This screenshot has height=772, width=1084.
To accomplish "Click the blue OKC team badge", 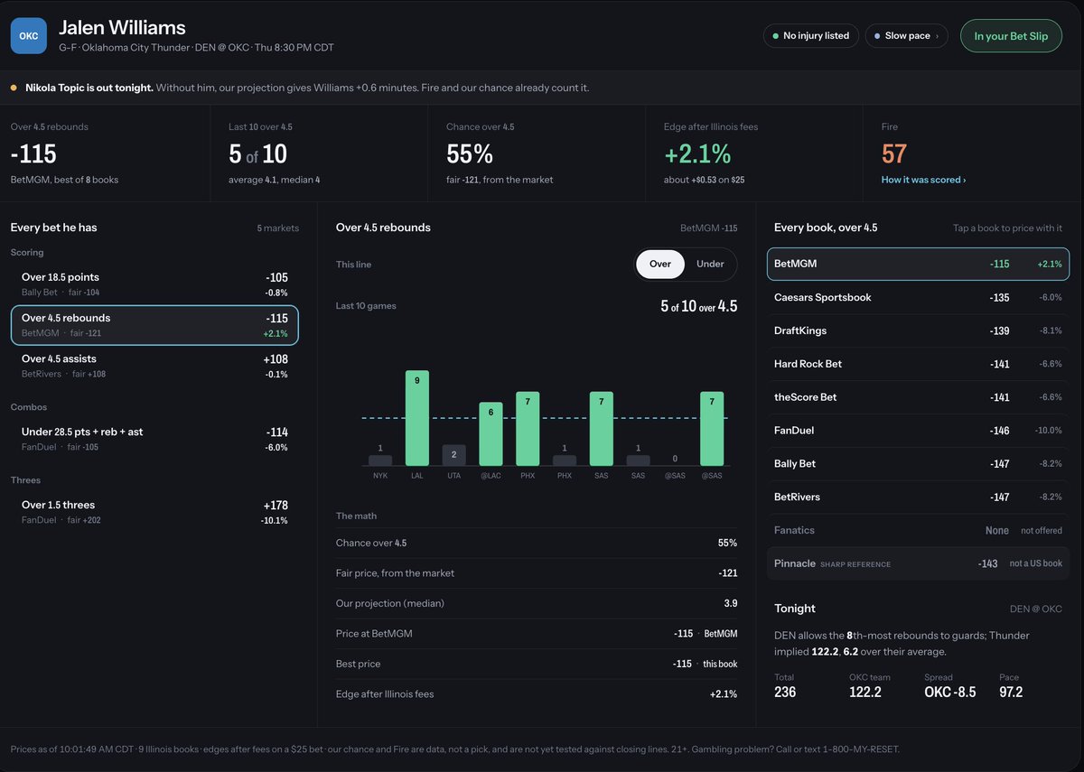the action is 29,36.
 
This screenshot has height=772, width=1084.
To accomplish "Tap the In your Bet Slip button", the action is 1011,36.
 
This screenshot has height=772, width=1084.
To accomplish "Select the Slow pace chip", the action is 906,36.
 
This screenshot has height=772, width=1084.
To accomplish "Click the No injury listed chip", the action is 811,36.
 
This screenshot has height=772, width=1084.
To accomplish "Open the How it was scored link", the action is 923,180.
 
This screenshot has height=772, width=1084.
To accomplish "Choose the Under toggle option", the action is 710,264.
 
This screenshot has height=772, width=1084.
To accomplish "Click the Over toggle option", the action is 660,264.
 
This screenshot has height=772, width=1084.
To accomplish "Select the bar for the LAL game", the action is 417,418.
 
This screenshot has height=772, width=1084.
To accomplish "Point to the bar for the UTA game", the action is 453,455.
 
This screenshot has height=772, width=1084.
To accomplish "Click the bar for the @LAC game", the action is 491,434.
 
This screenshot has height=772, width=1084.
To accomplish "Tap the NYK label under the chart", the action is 380,476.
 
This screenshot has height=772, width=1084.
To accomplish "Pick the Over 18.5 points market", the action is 154,284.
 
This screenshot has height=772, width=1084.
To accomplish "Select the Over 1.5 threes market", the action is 154,512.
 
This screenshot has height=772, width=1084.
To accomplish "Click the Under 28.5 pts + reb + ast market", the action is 154,439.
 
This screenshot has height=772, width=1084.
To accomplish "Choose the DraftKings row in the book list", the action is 918,330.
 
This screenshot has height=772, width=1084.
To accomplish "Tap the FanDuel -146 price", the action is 999,431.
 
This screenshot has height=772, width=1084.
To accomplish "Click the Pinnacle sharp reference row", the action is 918,563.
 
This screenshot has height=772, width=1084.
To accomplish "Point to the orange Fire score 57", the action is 893,153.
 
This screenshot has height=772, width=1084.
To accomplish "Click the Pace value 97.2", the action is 1011,692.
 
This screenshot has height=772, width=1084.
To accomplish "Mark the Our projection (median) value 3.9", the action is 731,603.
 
